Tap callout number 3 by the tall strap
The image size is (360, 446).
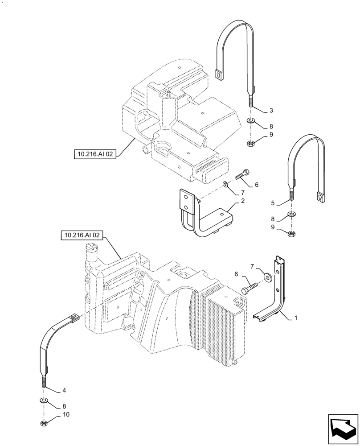point(271,110)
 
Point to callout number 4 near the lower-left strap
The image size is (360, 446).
point(64,390)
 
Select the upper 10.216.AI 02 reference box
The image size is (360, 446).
point(95,155)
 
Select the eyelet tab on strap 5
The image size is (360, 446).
point(319,196)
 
